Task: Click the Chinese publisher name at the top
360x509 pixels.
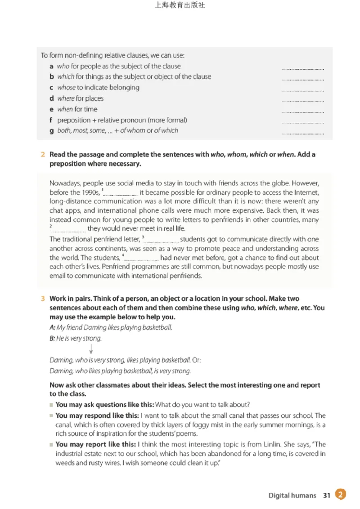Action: tap(180, 6)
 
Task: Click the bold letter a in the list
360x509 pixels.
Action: tap(52, 66)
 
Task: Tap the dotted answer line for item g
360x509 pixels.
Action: tap(303, 134)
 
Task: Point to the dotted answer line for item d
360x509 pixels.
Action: tap(303, 101)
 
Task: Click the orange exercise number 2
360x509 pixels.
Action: tap(43, 154)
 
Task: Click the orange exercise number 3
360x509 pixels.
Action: tap(43, 299)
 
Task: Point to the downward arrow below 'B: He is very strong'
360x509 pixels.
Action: tap(91, 348)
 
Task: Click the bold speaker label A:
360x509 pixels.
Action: tap(52, 327)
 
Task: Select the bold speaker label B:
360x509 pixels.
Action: tap(52, 338)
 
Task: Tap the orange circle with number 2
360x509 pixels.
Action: tap(341, 495)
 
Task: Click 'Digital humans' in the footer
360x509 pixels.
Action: tap(292, 495)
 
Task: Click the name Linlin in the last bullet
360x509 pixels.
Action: tap(261, 444)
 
